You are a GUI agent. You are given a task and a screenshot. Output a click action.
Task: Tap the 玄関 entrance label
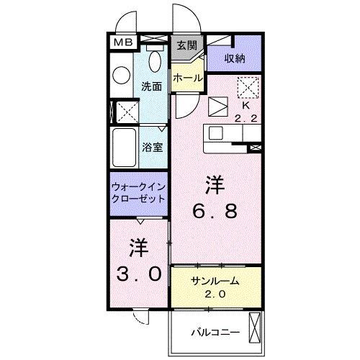point(186,44)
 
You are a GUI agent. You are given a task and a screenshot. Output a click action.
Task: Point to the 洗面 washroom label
point(151,85)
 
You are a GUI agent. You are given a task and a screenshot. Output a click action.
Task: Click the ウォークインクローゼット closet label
point(139,192)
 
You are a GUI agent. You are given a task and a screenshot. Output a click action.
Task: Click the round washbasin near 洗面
point(120,72)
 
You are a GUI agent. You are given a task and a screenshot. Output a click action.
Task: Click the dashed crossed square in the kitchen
point(248,86)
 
